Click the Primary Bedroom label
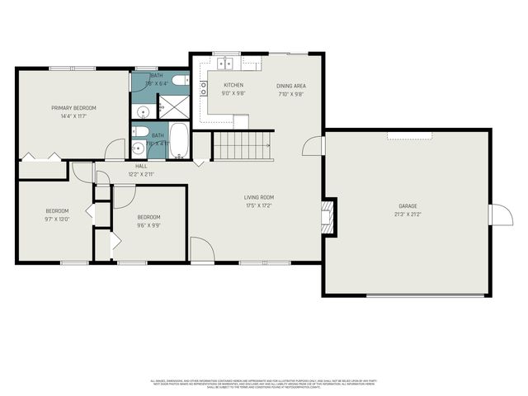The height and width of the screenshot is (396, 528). point(73,108)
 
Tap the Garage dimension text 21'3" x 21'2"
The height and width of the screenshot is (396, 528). point(408,214)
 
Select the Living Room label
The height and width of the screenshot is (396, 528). point(258,197)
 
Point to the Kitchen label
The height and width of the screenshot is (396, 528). point(233,85)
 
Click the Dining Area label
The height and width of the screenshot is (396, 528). point(291,85)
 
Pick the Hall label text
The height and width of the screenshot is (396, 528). point(141,166)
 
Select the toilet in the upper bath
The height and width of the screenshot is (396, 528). point(181,82)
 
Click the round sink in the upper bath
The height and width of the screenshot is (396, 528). point(142,111)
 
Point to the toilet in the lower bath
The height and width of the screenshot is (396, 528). point(141,132)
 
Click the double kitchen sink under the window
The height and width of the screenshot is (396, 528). point(224,63)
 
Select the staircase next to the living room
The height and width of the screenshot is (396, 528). point(243,146)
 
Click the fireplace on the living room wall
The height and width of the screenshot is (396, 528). point(328,214)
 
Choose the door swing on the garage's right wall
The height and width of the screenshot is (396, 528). point(499,214)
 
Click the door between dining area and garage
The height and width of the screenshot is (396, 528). point(313,146)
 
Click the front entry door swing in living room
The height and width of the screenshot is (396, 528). point(201,250)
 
